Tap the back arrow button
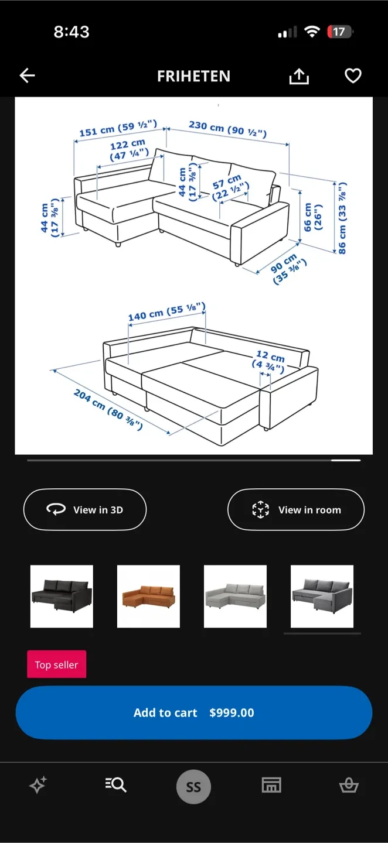click(28, 76)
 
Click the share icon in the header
click(299, 76)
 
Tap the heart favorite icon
click(353, 76)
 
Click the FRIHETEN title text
click(193, 76)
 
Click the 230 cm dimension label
click(227, 128)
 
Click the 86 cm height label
click(342, 218)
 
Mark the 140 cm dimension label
click(167, 313)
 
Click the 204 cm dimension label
click(108, 409)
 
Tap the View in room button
click(296, 510)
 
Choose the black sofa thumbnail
click(62, 596)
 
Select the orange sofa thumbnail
click(148, 596)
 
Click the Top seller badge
click(56, 664)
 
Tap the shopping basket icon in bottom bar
click(349, 786)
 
